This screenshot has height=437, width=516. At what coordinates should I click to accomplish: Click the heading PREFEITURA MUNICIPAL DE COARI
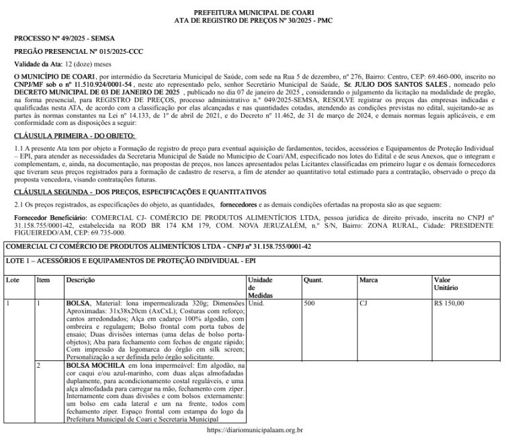coord(257,13)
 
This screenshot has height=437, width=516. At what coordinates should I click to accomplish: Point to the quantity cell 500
coord(309,303)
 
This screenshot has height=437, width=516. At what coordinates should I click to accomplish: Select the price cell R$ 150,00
coord(449,303)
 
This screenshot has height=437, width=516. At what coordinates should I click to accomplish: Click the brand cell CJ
coord(363,303)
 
